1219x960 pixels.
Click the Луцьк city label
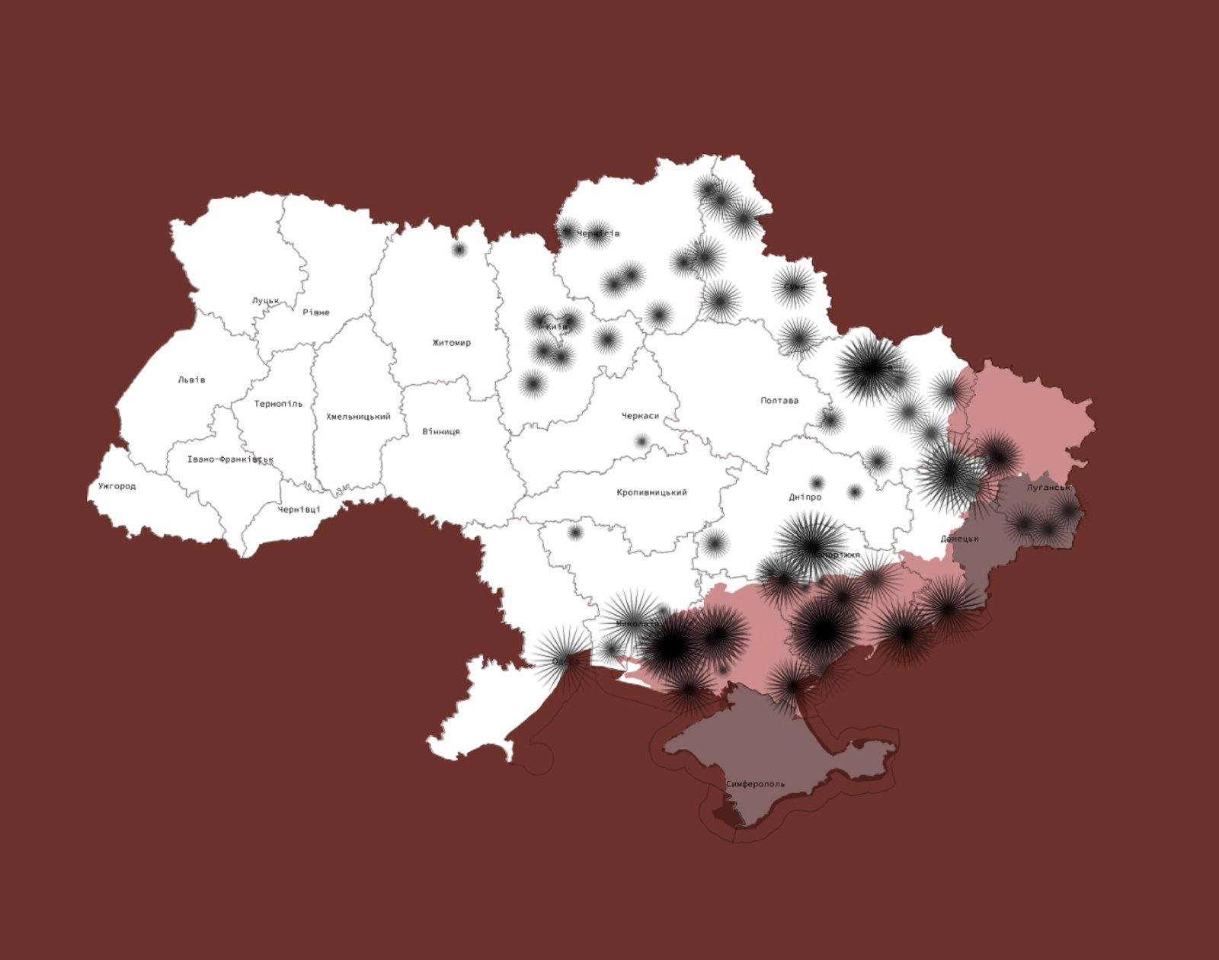(x=266, y=301)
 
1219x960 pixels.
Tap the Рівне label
(x=316, y=312)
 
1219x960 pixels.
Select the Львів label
(x=191, y=379)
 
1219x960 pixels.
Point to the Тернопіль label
(x=278, y=404)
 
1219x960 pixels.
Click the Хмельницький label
(x=358, y=417)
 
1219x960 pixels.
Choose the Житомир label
(x=452, y=343)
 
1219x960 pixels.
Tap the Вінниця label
(x=441, y=432)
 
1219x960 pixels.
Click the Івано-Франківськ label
(x=230, y=459)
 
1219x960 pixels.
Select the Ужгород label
(x=117, y=486)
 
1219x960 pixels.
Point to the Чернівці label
(x=299, y=510)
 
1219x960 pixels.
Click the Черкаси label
(x=640, y=416)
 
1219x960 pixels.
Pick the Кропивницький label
(x=651, y=493)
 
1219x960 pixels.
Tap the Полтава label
(x=779, y=401)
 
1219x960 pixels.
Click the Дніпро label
(x=805, y=498)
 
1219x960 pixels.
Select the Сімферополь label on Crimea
(x=755, y=784)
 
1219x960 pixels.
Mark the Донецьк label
(x=959, y=539)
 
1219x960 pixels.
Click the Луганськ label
(x=1048, y=487)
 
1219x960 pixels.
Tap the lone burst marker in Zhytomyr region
(x=459, y=249)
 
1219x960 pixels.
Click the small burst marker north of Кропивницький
(x=641, y=441)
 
